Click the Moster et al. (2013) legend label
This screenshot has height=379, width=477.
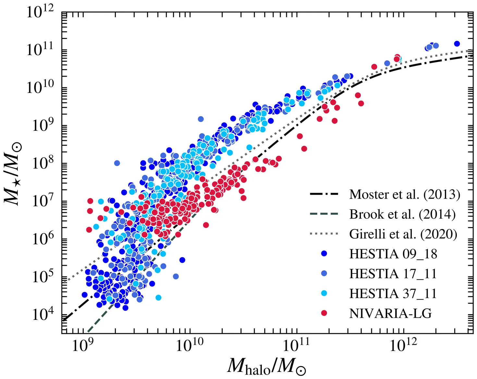coord(405,194)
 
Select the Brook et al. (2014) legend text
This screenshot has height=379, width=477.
coord(402,214)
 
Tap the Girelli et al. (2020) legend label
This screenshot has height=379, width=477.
coord(403,234)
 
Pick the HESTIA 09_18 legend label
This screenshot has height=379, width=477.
coord(393,254)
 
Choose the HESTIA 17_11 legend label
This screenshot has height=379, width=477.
coord(393,274)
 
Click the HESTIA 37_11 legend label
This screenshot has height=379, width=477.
coord(393,294)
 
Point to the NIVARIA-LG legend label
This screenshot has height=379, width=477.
coord(390,313)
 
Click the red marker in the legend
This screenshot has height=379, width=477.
coord(324,313)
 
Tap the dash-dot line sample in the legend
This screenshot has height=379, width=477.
coord(324,194)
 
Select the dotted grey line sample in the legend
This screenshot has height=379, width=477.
coord(324,234)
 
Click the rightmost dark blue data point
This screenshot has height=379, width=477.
coord(457,43)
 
